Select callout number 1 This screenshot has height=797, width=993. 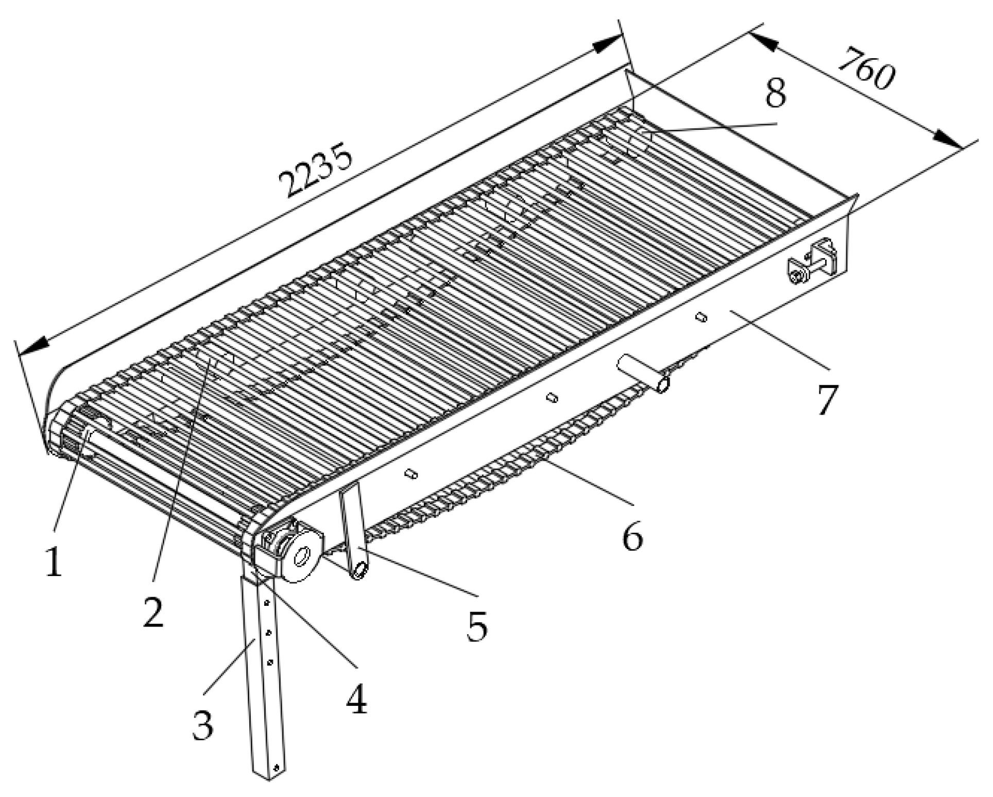tap(54, 562)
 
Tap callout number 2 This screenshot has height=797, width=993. tap(153, 612)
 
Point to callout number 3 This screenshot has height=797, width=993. tap(202, 724)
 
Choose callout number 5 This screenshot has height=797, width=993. tap(476, 625)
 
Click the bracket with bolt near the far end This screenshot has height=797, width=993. tap(811, 261)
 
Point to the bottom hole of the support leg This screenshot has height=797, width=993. tap(277, 768)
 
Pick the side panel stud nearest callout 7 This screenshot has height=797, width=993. tap(700, 317)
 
